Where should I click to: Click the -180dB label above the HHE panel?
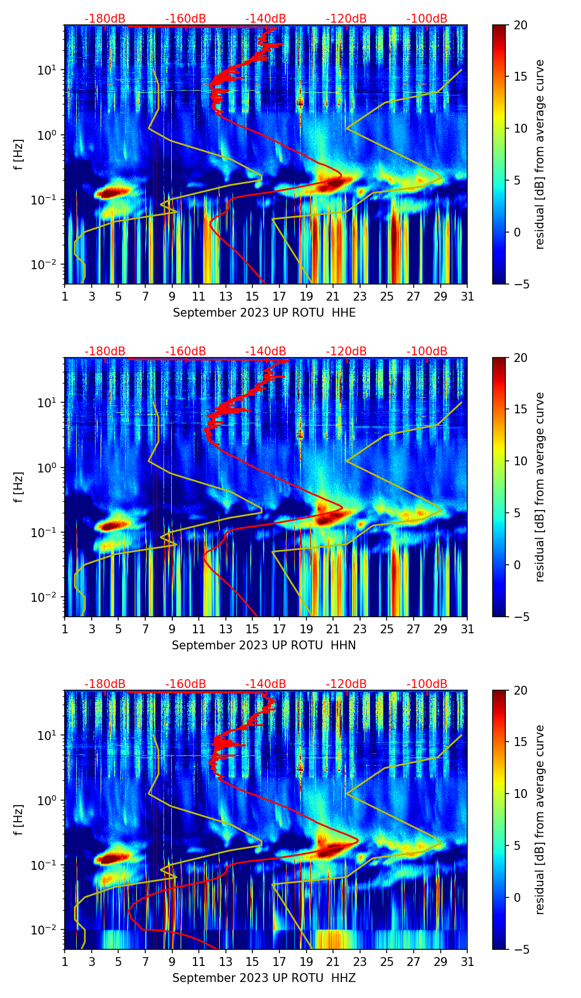click(105, 19)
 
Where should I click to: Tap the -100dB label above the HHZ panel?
click(427, 684)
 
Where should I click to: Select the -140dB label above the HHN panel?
click(266, 351)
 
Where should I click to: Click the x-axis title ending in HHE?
click(264, 313)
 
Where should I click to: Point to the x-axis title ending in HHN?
click(263, 645)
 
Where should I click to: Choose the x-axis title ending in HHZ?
click(263, 978)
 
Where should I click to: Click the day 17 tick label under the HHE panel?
click(279, 296)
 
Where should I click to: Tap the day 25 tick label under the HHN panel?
click(387, 629)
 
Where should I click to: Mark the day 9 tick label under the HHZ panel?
click(172, 962)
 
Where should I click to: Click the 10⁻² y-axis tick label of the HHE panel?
click(45, 265)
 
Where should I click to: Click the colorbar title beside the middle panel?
click(540, 487)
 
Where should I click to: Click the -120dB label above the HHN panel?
click(346, 351)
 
